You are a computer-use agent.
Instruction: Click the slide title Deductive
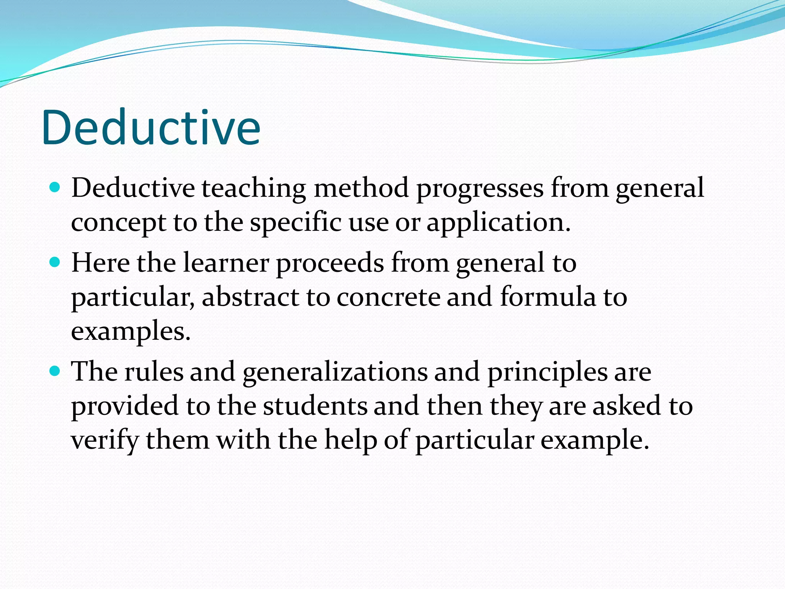coord(151,127)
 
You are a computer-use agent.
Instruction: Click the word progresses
coord(480,189)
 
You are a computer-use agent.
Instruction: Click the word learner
coord(226,263)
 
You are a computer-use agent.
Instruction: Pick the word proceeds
coord(330,264)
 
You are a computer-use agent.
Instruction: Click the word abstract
coord(250,297)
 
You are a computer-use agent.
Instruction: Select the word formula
coord(548,297)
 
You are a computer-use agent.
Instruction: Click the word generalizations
coord(335,372)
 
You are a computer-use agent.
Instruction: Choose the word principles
coord(547,372)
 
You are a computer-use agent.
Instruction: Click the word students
coord(315,406)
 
